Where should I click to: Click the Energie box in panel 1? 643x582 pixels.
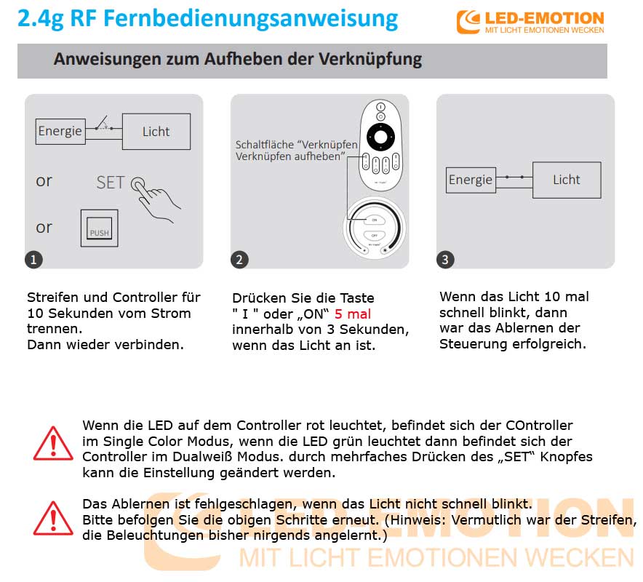click(60, 132)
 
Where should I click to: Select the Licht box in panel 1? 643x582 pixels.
click(156, 132)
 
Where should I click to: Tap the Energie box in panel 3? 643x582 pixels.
click(470, 180)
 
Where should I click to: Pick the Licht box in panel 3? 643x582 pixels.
click(566, 180)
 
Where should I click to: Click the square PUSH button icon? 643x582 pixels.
click(99, 228)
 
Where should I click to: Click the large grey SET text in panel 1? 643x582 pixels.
click(111, 183)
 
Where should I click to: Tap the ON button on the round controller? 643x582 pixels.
click(375, 220)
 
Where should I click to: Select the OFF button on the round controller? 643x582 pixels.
click(375, 236)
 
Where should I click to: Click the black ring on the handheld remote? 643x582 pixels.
click(380, 135)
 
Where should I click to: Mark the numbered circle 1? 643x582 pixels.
click(33, 259)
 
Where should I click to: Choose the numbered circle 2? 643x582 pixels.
click(239, 259)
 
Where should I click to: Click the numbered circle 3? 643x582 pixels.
click(445, 259)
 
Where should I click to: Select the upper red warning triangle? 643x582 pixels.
click(53, 444)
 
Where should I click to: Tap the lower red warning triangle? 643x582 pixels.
click(53, 518)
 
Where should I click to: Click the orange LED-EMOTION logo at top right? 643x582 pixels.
click(530, 22)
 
